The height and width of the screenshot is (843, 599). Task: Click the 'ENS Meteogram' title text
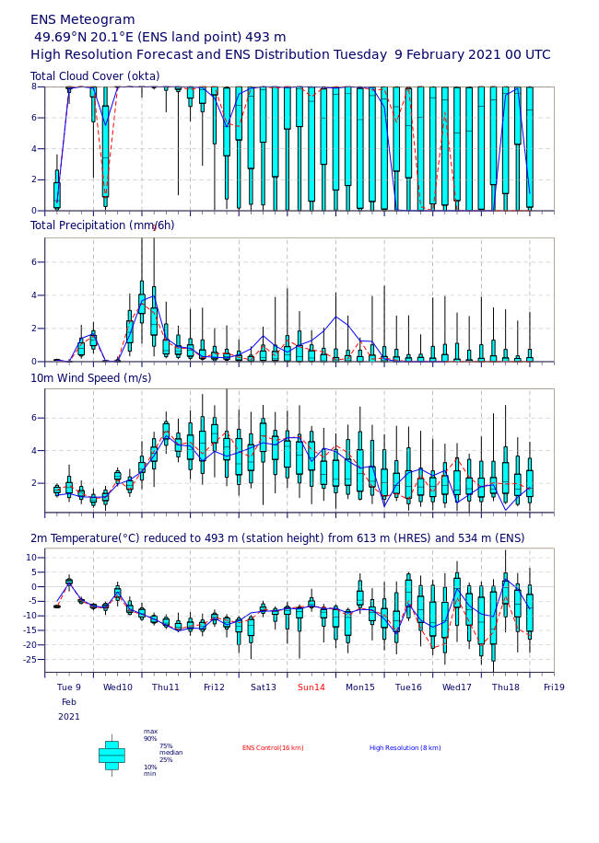[x=83, y=19]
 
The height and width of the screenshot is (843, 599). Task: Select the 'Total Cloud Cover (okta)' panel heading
[x=95, y=76]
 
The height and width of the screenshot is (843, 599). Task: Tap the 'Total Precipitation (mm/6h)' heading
[x=102, y=225]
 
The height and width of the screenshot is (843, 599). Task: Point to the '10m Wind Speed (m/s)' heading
[x=91, y=377]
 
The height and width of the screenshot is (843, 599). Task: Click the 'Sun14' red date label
[x=311, y=687]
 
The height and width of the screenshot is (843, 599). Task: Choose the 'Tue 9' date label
[x=69, y=687]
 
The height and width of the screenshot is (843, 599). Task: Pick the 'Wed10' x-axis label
[x=118, y=687]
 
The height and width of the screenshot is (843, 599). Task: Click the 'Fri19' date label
[x=554, y=687]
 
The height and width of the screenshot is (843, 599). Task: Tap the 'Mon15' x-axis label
[x=360, y=687]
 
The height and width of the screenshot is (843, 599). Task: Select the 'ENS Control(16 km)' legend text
[x=273, y=748]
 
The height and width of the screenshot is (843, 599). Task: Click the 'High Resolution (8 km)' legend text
[x=405, y=748]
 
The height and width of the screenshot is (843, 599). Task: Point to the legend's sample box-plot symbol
[x=112, y=755]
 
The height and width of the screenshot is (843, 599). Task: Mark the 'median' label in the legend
[x=170, y=752]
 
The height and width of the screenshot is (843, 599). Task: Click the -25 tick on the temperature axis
[x=30, y=659]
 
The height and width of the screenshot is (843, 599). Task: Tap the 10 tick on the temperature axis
[x=32, y=558]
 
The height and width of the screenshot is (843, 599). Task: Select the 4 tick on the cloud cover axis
[x=35, y=148]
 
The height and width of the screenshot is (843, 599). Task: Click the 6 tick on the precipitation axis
[x=35, y=262]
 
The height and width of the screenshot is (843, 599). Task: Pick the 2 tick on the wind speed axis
[x=35, y=483]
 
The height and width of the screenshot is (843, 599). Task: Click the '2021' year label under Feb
[x=69, y=716]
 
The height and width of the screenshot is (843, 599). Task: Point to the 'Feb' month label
[x=69, y=701]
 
